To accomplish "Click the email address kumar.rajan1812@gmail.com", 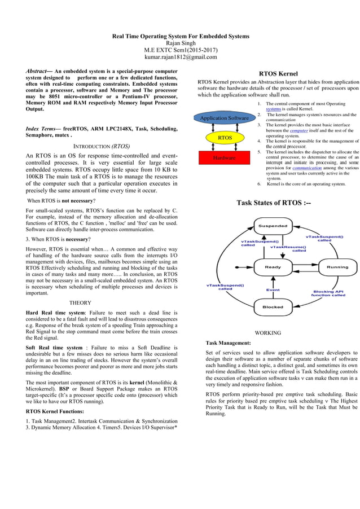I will [x=180, y=56].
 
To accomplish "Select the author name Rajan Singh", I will [x=180, y=43].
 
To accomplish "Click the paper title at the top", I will [x=180, y=36].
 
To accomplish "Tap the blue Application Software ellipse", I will [x=224, y=118].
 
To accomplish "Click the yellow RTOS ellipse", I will [x=225, y=138].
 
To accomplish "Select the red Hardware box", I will [x=224, y=158].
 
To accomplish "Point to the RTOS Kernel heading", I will [x=278, y=74].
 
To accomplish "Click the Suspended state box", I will [x=273, y=226].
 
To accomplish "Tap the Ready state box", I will [x=273, y=266].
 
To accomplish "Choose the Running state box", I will [x=337, y=266].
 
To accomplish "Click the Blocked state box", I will [x=273, y=307].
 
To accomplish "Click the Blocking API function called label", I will [x=328, y=293].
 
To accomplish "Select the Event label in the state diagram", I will [x=273, y=289].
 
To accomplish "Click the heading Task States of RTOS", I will [x=273, y=203].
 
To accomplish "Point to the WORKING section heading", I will [x=268, y=333].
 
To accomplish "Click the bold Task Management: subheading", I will [x=229, y=343].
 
